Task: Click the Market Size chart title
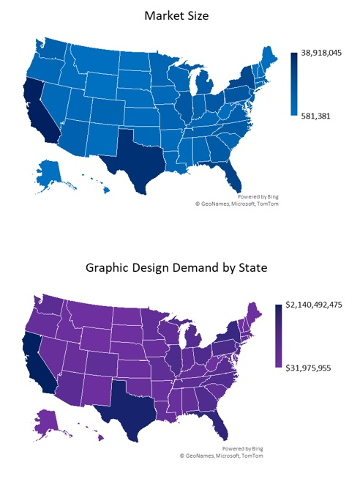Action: [176, 15]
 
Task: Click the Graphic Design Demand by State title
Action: [176, 268]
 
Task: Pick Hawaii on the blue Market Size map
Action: [102, 188]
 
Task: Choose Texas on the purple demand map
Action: [124, 410]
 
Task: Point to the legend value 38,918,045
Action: [326, 56]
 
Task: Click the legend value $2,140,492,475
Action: [318, 304]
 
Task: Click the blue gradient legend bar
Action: [293, 84]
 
